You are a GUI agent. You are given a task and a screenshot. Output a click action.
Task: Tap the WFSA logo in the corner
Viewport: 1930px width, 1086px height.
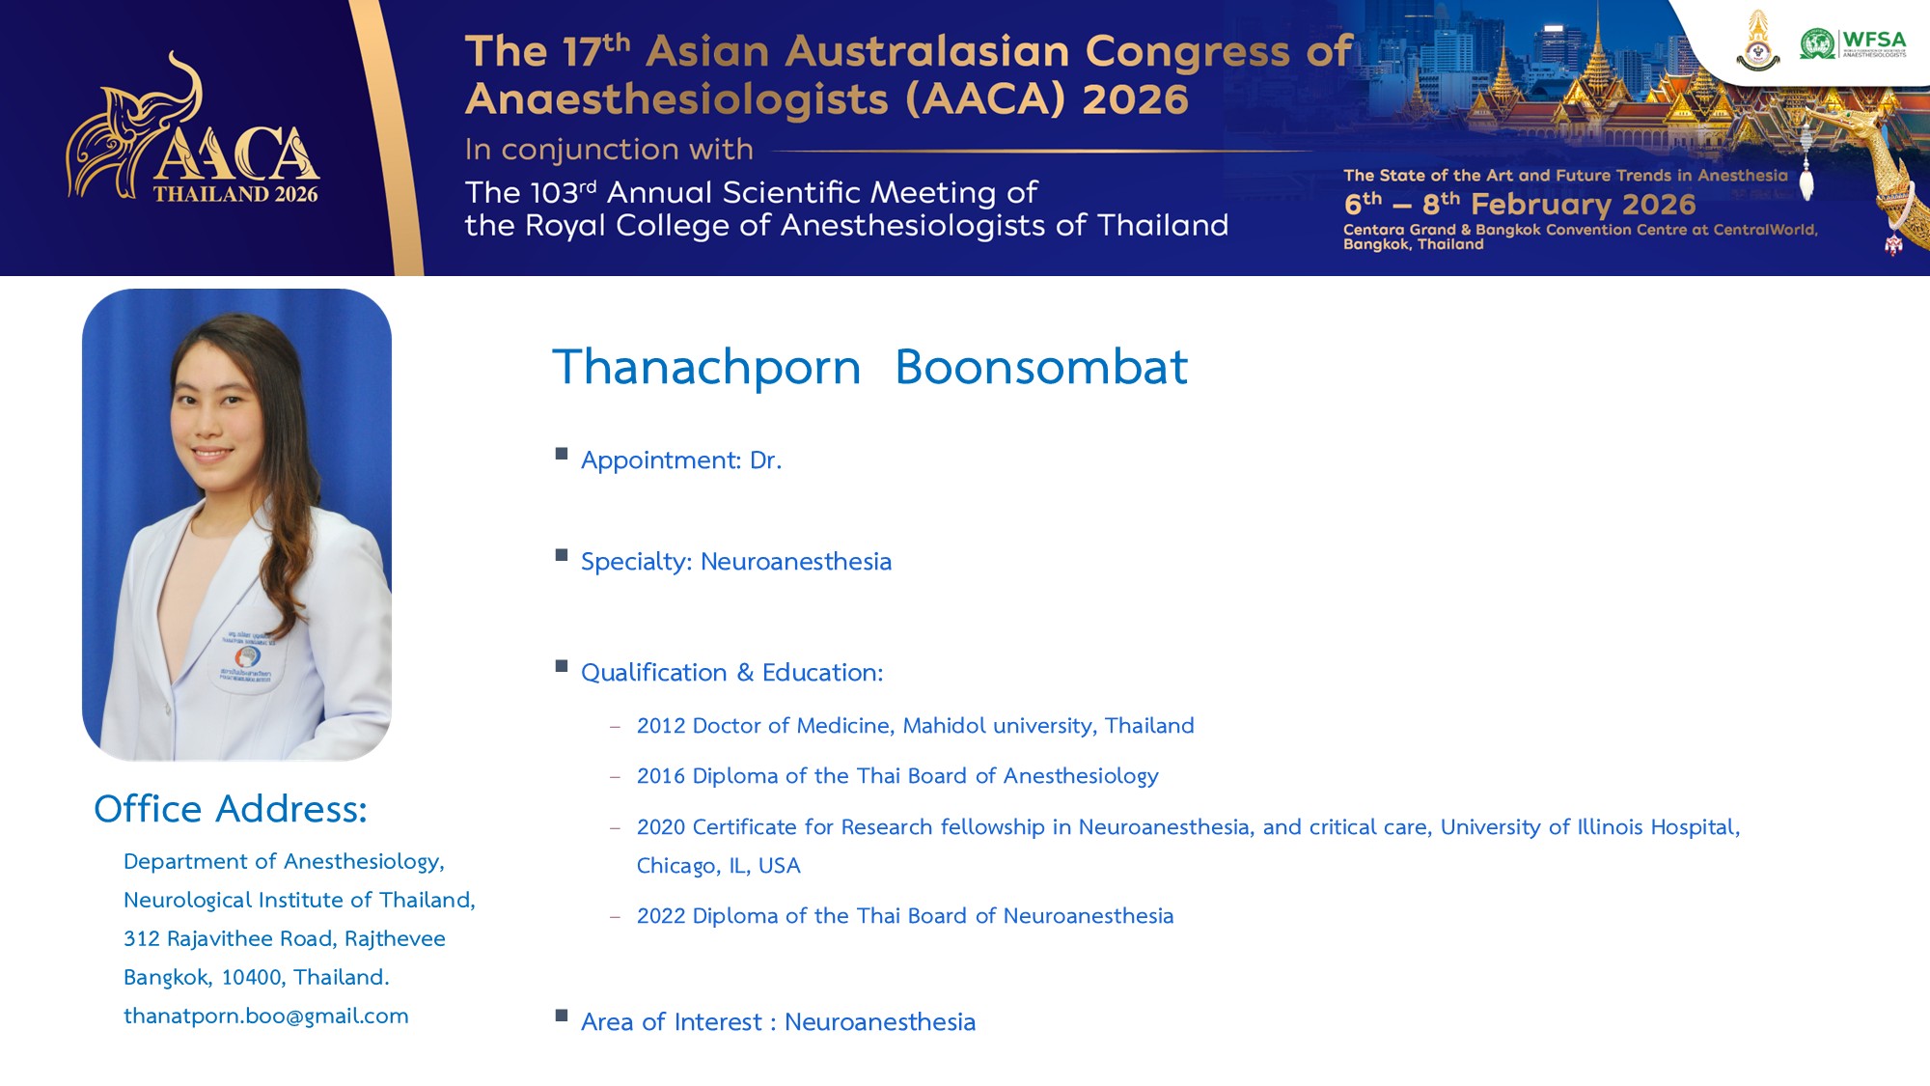click(1853, 43)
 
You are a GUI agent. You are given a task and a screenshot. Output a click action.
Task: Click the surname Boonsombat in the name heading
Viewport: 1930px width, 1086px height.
click(1041, 367)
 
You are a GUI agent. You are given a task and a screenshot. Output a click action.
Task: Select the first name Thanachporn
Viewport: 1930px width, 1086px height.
click(706, 369)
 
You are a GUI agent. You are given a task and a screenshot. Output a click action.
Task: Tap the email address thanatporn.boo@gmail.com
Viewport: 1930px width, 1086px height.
click(266, 1016)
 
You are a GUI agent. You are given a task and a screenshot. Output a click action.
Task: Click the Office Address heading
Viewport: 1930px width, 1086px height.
click(231, 809)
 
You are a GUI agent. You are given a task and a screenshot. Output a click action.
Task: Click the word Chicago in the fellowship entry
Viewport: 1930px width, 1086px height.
click(675, 866)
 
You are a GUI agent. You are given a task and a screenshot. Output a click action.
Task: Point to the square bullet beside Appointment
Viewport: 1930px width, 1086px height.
click(562, 454)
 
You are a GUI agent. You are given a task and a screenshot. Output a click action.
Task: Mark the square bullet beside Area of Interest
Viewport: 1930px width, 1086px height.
click(562, 1016)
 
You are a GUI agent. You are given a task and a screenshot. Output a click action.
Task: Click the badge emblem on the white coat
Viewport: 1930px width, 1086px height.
click(248, 657)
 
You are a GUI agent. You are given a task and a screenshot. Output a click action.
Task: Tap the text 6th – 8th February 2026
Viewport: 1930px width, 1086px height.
click(1520, 204)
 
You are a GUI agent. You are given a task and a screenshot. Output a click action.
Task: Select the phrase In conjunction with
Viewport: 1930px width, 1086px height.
click(609, 150)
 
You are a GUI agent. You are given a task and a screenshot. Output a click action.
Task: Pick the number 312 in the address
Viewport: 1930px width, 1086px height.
click(141, 938)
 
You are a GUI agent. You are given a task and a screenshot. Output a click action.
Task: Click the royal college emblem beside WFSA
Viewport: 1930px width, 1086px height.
click(1758, 41)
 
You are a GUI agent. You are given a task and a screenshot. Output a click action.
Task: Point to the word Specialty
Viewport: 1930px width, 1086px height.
click(634, 562)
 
